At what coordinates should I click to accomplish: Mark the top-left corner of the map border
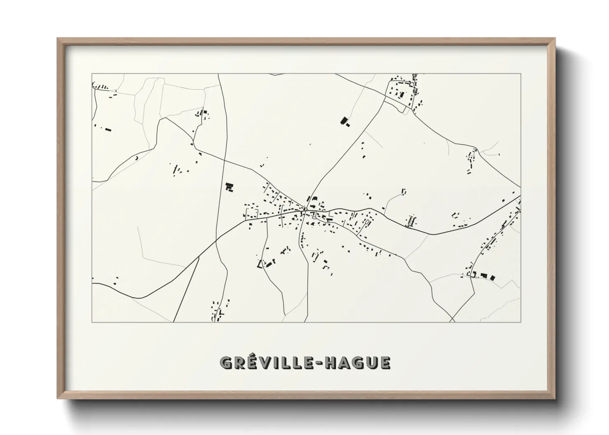click(x=92, y=74)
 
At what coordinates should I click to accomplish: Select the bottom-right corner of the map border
click(x=521, y=322)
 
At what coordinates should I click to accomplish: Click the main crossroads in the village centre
click(x=307, y=211)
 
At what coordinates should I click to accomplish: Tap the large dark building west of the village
click(x=229, y=187)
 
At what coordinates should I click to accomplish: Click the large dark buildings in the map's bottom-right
click(x=487, y=276)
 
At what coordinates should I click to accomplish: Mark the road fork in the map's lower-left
click(x=199, y=257)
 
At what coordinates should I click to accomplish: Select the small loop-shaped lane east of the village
click(x=404, y=192)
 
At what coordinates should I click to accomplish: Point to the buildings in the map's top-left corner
click(x=100, y=86)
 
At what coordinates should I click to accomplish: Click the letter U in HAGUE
click(x=370, y=363)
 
